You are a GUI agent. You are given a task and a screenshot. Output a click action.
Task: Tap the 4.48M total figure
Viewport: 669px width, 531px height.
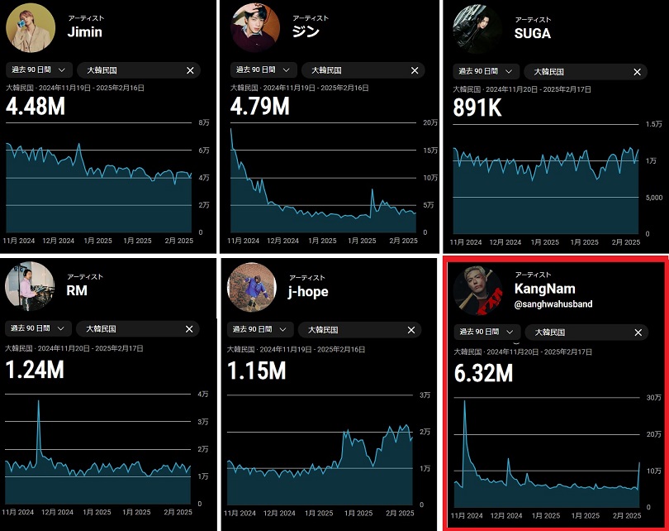(35, 107)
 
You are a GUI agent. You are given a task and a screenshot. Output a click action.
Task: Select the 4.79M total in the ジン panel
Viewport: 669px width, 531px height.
(259, 107)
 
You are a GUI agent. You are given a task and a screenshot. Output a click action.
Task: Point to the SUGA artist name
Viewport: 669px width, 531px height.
(533, 34)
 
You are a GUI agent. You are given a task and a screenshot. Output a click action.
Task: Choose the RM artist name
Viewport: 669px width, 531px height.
(77, 291)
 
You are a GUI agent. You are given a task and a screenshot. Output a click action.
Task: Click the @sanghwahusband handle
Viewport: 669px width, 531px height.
(553, 304)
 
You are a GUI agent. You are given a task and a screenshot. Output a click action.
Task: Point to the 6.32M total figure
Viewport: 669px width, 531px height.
(483, 375)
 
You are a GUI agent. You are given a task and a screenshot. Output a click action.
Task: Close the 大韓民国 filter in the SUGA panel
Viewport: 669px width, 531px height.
(637, 72)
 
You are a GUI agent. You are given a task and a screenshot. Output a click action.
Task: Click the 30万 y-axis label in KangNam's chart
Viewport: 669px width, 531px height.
(653, 399)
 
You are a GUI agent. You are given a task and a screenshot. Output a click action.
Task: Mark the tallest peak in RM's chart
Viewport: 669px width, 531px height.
(38, 401)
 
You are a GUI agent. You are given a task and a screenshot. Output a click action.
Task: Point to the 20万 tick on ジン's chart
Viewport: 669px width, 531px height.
(430, 123)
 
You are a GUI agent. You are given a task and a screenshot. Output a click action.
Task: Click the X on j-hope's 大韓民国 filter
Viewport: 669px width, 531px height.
(412, 329)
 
